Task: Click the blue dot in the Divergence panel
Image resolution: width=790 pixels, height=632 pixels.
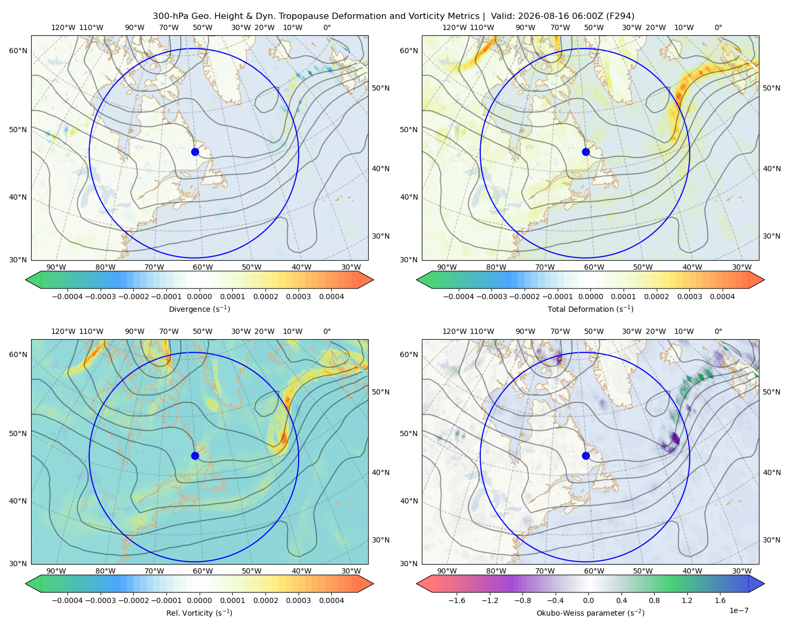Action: [195, 152]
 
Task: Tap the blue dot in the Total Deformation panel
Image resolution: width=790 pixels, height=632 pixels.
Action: [586, 152]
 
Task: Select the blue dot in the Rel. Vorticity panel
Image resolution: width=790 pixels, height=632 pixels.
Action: [195, 456]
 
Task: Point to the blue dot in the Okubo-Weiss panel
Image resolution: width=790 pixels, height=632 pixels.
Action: [586, 456]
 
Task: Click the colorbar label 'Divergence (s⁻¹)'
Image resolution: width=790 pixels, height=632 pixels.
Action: [199, 309]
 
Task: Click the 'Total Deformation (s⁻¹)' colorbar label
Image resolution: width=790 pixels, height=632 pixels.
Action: [590, 309]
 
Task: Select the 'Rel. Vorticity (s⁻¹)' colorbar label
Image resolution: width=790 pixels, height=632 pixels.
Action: [199, 613]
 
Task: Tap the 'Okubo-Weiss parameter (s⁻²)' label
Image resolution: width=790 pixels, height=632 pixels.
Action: [590, 613]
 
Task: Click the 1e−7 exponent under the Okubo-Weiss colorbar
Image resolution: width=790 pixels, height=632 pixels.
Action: [738, 610]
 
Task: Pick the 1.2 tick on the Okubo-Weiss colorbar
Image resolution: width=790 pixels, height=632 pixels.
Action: [687, 600]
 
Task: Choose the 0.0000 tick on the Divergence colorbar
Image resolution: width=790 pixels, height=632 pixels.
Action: [199, 297]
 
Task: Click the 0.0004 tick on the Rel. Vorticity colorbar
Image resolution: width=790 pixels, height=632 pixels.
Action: [331, 600]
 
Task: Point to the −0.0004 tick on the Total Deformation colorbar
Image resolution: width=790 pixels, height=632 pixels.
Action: [459, 297]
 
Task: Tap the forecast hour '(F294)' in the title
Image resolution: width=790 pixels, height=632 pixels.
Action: [620, 16]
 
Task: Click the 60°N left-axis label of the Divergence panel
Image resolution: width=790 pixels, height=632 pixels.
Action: [18, 51]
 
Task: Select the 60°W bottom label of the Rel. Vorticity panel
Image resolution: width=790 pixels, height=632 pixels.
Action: [203, 571]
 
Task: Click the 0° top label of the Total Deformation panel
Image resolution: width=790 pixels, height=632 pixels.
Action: [718, 27]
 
